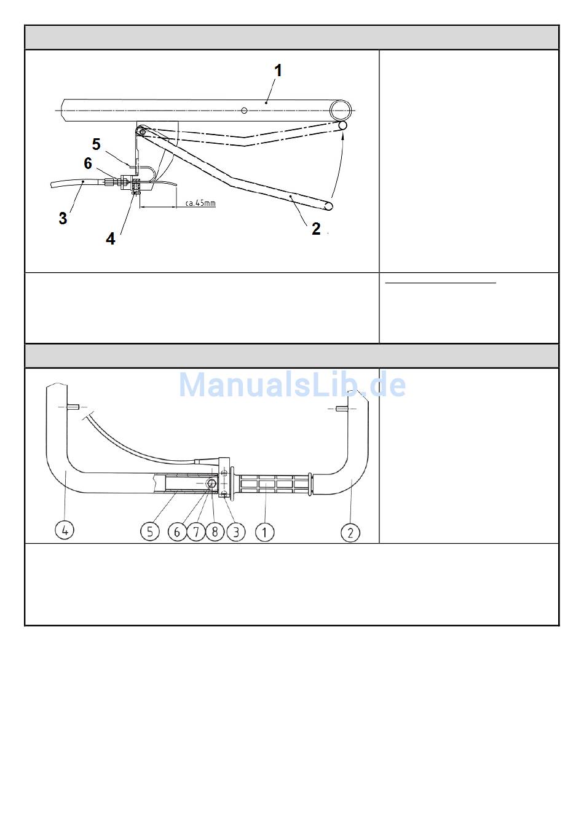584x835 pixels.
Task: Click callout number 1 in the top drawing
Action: (278, 71)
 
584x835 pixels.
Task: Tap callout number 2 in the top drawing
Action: (316, 229)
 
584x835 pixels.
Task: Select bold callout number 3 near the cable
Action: (63, 218)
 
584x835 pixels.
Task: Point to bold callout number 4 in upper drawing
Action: (111, 238)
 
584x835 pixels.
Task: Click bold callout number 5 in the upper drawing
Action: (97, 144)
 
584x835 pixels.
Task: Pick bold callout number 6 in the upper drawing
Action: (88, 163)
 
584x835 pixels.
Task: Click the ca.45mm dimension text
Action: (200, 203)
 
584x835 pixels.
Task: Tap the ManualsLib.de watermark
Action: (293, 385)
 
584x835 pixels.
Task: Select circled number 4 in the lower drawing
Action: (65, 530)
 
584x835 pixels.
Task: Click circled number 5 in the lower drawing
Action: (150, 531)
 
